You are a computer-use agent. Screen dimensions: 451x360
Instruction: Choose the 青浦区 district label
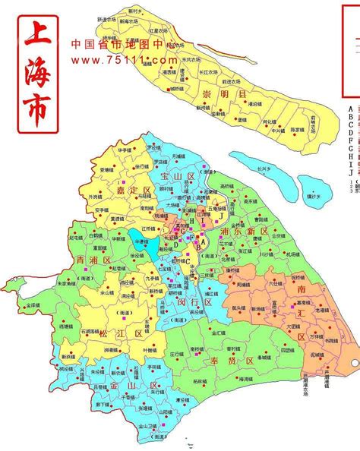pyautogui.click(x=92, y=260)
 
